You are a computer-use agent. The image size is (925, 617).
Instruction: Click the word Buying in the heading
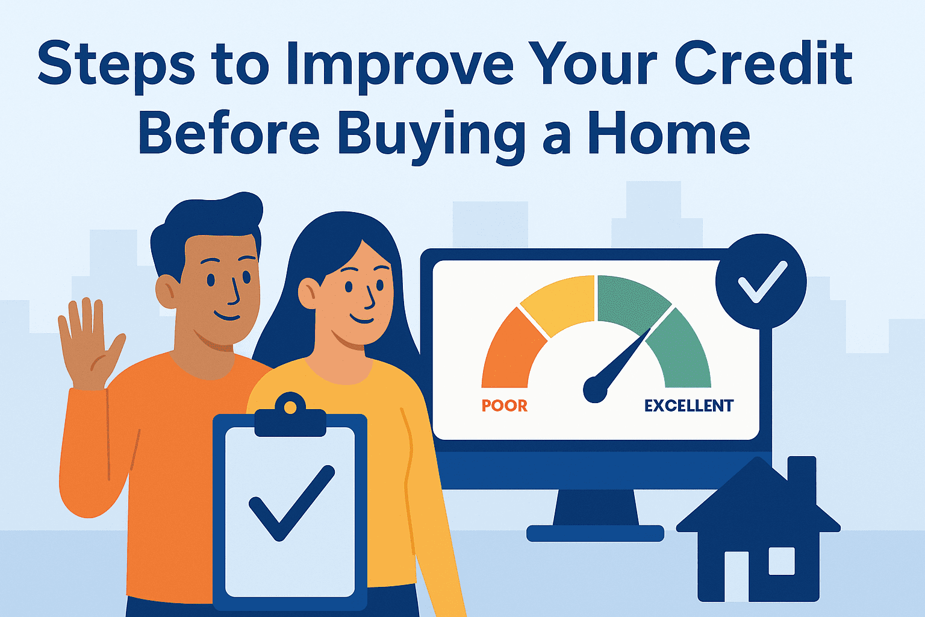(428, 136)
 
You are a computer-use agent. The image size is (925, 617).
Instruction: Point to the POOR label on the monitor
(505, 406)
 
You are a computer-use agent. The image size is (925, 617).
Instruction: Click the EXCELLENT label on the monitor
(689, 406)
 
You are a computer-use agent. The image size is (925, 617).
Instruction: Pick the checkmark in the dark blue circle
(761, 281)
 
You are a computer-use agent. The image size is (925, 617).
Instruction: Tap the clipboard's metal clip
(290, 416)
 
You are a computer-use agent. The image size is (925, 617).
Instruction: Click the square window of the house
(782, 561)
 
